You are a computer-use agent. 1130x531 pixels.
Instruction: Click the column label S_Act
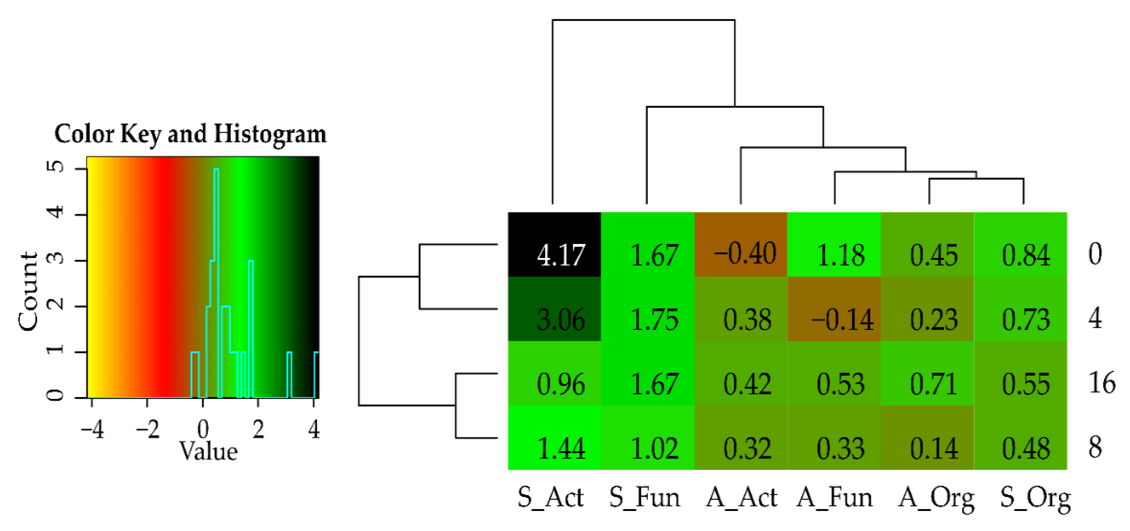[x=550, y=498]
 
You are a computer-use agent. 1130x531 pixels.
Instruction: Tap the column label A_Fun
[x=834, y=498]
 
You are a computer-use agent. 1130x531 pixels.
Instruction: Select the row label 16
[x=1102, y=383]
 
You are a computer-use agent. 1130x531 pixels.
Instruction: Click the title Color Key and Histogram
[x=190, y=134]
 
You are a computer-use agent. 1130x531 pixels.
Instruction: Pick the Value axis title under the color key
[x=209, y=451]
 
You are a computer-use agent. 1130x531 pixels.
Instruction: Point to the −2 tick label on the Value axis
[x=147, y=429]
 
